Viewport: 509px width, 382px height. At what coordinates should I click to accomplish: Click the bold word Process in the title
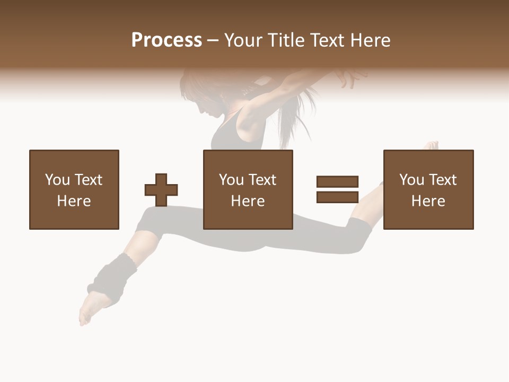[166, 40]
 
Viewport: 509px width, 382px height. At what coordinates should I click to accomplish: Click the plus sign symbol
[161, 190]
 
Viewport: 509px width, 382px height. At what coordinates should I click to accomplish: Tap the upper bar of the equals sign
[337, 181]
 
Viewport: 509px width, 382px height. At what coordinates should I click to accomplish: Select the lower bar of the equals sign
[337, 197]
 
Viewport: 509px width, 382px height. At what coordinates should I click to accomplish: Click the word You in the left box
[57, 180]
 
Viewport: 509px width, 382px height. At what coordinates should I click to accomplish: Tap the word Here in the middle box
[248, 201]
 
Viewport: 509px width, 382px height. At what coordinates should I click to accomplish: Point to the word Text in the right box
[442, 180]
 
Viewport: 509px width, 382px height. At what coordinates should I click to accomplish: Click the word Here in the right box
[428, 201]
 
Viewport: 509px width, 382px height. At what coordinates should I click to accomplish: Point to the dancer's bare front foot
[87, 313]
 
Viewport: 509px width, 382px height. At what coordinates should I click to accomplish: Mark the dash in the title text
[213, 41]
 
